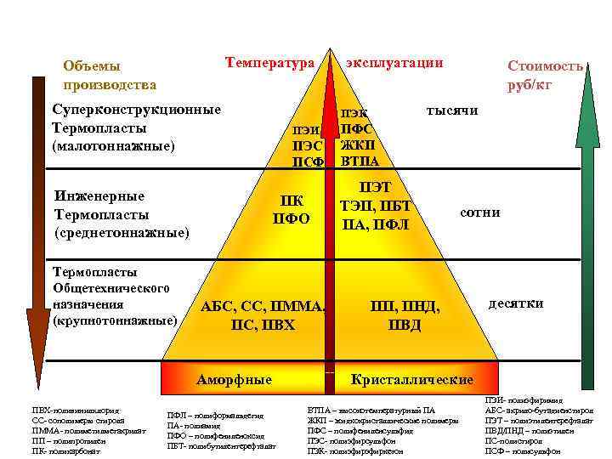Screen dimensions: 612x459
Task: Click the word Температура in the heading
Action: click(x=269, y=62)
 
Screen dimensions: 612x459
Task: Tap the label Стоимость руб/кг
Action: click(x=545, y=75)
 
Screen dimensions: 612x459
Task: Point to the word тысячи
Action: click(x=451, y=110)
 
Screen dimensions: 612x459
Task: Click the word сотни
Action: click(x=479, y=212)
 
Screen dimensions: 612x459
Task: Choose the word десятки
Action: click(x=515, y=303)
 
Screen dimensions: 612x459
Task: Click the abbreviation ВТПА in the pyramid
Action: click(x=360, y=161)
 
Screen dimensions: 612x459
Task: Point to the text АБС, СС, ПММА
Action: click(x=263, y=307)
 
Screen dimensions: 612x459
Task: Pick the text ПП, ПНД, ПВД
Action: click(x=405, y=316)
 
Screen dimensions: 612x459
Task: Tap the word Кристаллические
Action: click(x=411, y=379)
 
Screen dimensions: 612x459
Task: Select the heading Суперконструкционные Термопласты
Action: click(x=136, y=119)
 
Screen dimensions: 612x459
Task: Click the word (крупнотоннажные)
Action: click(x=115, y=321)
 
